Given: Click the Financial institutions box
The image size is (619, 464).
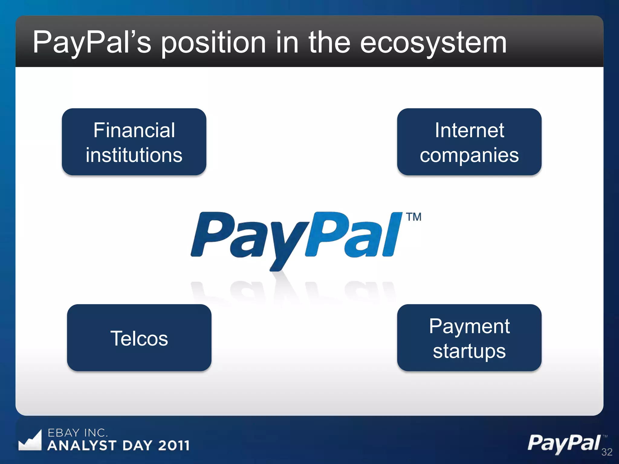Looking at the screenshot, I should pos(134,142).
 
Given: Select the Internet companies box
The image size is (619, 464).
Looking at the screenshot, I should pos(469,142).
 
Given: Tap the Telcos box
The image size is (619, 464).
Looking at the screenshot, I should pos(139,338).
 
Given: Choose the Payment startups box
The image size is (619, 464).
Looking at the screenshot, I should pos(469,338).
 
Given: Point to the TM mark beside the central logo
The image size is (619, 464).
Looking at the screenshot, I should pos(413,217).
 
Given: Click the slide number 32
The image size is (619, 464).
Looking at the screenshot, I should pos(607,452).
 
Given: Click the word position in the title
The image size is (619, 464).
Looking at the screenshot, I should pos(213,43).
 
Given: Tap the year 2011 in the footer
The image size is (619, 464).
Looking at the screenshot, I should pos(174,446).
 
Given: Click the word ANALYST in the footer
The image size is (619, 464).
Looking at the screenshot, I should pos(82,446).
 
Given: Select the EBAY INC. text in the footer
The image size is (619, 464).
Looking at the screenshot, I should pos(78,433).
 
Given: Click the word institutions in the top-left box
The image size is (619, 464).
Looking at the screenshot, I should pos(134,155).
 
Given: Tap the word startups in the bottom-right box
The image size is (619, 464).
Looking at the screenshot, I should pos(469,351).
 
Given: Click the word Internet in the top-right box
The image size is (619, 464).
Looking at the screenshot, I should pos(469,130).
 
